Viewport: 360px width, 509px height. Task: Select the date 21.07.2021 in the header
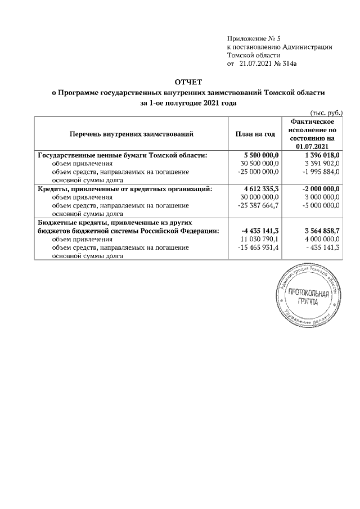point(255,65)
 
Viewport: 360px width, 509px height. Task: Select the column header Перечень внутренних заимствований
point(131,134)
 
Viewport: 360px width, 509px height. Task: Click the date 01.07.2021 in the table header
point(312,146)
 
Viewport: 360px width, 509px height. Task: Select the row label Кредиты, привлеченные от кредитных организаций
point(124,189)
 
